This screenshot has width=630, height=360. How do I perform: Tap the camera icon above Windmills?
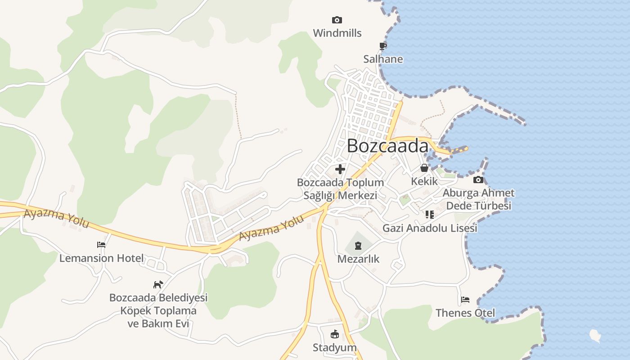[337, 20]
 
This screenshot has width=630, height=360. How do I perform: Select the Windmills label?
[337, 33]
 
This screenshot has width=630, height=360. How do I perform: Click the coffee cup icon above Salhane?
[382, 46]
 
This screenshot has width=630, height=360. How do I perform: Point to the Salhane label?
[383, 59]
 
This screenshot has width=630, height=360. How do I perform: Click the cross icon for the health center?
[340, 169]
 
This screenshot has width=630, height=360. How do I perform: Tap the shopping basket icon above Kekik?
[424, 168]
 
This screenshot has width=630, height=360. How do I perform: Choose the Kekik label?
[424, 181]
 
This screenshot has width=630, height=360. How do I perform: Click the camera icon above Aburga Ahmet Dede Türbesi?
[478, 180]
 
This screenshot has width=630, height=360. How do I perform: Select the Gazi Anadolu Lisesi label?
[429, 228]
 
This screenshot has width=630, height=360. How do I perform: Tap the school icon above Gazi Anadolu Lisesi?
[429, 215]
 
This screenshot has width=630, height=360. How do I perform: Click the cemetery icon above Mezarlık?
[358, 246]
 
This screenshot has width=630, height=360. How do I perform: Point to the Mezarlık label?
[358, 259]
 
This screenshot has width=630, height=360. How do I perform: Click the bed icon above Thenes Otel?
[465, 300]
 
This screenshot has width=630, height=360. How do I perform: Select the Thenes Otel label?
[465, 313]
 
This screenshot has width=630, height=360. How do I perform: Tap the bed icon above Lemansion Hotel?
[101, 245]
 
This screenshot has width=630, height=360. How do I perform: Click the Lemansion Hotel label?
[102, 258]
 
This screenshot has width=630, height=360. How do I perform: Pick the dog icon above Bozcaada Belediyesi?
[158, 284]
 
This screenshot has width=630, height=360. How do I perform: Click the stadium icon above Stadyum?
[334, 334]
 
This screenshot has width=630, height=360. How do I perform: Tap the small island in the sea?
[595, 335]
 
